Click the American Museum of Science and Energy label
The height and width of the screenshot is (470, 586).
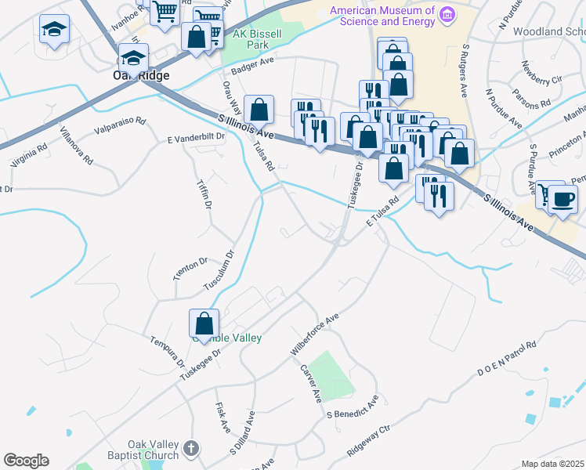pyautogui.click(x=382, y=16)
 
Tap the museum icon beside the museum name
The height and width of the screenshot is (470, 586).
pyautogui.click(x=448, y=14)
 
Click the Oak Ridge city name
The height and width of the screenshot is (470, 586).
pyautogui.click(x=136, y=78)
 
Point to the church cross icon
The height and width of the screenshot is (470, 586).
pyautogui.click(x=191, y=450)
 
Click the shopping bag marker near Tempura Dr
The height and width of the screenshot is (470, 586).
pyautogui.click(x=204, y=324)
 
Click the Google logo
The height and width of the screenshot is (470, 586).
pyautogui.click(x=26, y=461)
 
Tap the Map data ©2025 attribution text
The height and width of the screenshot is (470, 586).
pyautogui.click(x=553, y=464)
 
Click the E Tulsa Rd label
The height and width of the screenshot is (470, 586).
pyautogui.click(x=382, y=211)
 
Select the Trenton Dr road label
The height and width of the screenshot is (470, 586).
pyautogui.click(x=189, y=269)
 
